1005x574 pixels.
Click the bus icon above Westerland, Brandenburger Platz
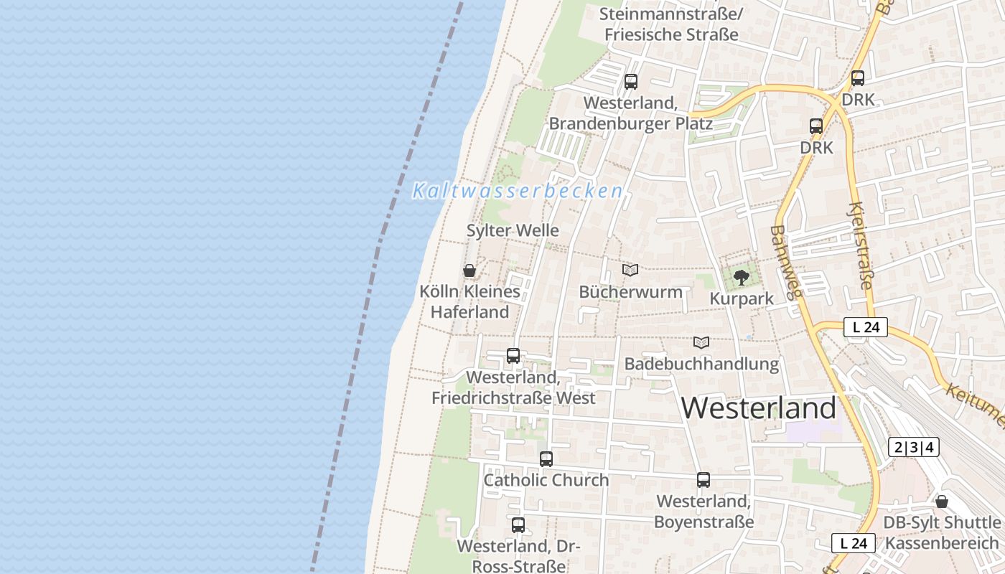coord(631,82)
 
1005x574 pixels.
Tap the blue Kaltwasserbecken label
coord(518,191)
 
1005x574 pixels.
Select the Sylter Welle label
coord(513,230)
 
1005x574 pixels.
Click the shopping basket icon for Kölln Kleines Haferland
coord(469,270)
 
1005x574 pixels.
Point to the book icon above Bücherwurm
coord(630,270)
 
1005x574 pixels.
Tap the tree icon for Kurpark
coord(742,277)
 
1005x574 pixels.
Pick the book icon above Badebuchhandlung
coord(701,343)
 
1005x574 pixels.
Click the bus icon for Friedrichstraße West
coord(513,355)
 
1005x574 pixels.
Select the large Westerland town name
coord(758,408)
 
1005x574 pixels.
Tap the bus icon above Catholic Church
coord(546,459)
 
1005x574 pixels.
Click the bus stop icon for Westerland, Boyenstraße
coord(703,480)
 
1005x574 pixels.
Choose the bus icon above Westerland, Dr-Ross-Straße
coord(518,524)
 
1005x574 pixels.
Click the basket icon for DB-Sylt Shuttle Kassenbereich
coord(942,502)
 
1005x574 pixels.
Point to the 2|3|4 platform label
coord(913,447)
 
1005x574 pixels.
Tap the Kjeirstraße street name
coord(859,246)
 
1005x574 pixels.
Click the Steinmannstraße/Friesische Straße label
coord(671,24)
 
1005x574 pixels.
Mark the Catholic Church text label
coord(546,480)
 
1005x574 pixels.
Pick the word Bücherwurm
coord(630,292)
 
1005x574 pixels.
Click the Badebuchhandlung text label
coord(701,364)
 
